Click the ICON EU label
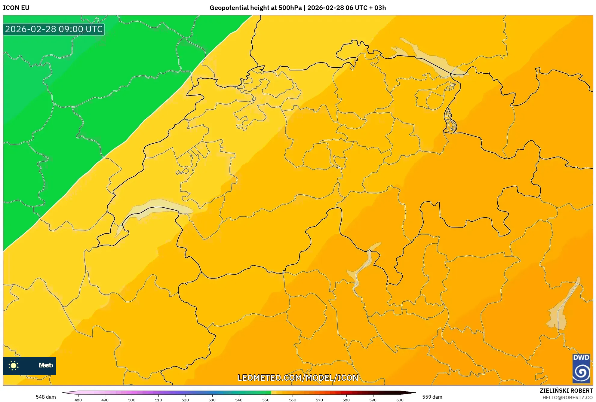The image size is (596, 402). click(16, 8)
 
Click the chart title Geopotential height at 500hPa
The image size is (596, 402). click(255, 8)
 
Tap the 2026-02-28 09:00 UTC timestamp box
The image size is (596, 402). click(54, 29)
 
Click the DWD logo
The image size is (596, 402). click(581, 368)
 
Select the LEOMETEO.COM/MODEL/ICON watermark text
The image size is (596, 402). click(298, 378)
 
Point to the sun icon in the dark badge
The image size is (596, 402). click(14, 366)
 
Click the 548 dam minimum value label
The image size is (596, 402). click(46, 397)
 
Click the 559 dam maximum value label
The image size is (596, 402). click(432, 397)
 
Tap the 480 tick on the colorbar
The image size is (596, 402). click(78, 400)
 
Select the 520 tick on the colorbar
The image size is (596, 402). click(185, 400)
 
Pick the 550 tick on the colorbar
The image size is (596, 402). click(266, 400)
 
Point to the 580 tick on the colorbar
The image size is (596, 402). click(346, 400)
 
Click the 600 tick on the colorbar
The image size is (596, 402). click(400, 400)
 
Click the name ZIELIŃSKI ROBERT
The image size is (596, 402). click(566, 391)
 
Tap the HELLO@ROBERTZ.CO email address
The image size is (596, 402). click(567, 397)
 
